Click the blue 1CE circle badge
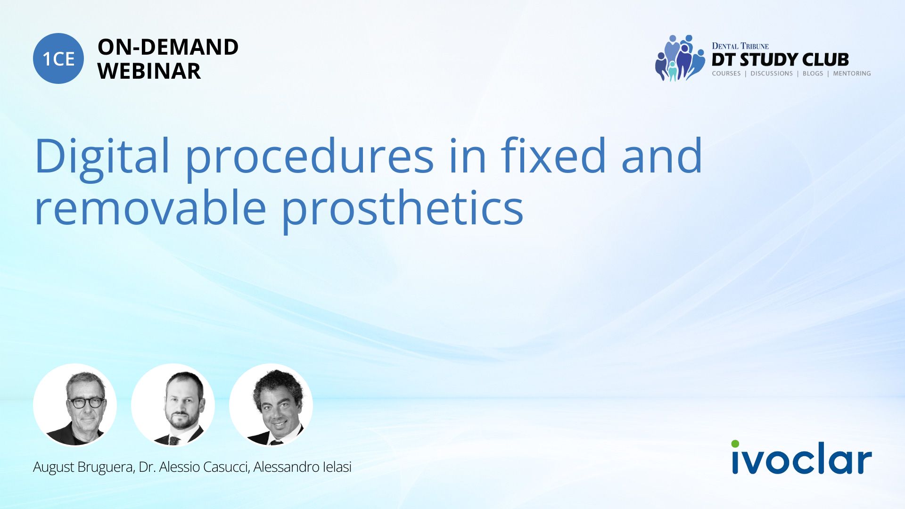(x=58, y=58)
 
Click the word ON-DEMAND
(x=168, y=47)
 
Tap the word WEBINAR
(x=149, y=71)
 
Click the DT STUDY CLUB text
(x=780, y=59)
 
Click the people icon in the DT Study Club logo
(x=679, y=58)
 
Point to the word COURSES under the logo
(x=726, y=74)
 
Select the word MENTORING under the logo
(x=852, y=74)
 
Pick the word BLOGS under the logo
(x=813, y=74)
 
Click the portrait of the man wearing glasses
(x=75, y=405)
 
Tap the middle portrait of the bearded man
(x=173, y=405)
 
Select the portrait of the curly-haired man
(x=271, y=405)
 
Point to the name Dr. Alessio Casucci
(x=194, y=467)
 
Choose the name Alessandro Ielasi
(x=303, y=467)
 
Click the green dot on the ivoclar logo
(x=735, y=443)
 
